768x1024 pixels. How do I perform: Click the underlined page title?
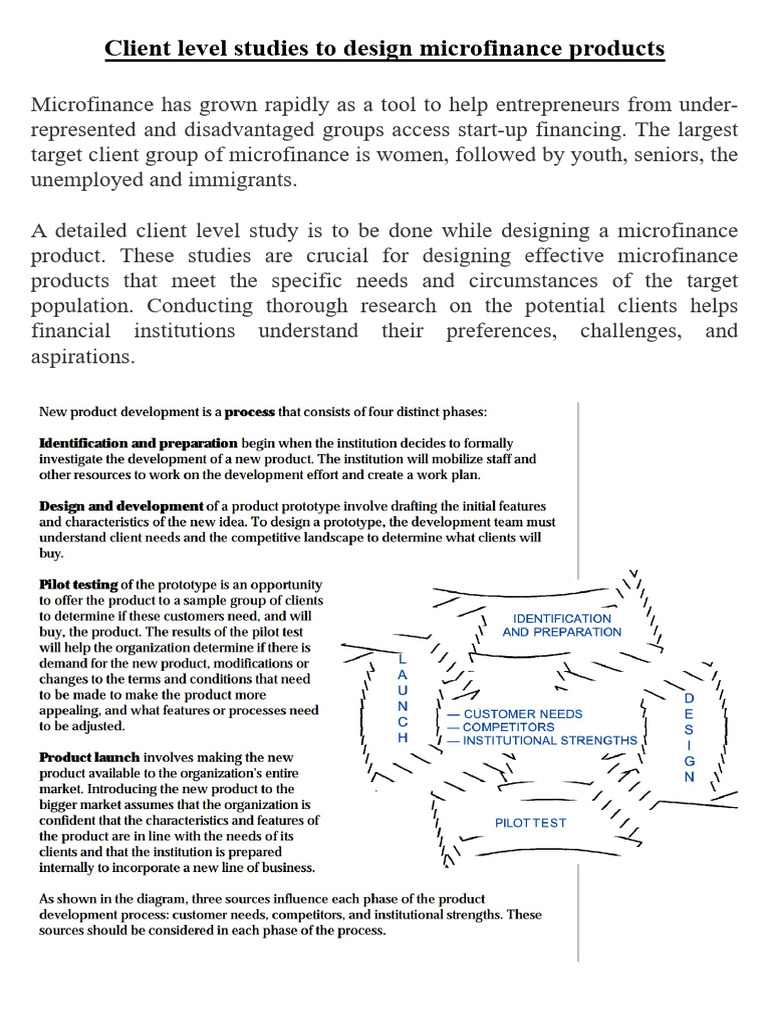point(385,48)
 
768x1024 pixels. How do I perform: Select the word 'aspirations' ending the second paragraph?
point(83,356)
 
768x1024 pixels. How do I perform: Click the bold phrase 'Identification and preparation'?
point(138,443)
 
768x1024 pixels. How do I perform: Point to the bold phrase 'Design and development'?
point(122,506)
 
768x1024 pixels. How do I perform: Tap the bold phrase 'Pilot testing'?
point(78,584)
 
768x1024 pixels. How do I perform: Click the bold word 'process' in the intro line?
point(249,411)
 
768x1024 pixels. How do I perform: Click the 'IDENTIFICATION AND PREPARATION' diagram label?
point(561,625)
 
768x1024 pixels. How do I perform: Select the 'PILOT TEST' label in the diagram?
point(530,822)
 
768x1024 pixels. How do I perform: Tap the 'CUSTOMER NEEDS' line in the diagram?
point(514,714)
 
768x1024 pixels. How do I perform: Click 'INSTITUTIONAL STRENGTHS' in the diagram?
point(541,740)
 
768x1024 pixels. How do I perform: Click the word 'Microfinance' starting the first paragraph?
point(91,105)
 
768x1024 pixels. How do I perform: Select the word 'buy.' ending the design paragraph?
point(51,553)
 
